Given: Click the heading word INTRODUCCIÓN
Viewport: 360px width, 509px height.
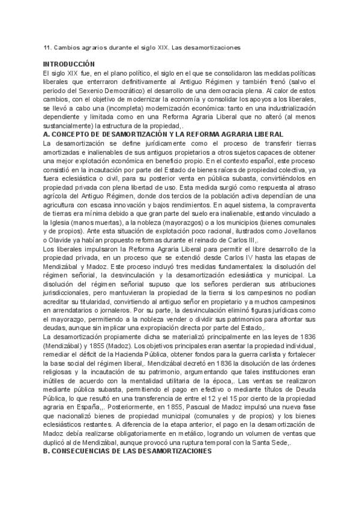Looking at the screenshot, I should tap(69, 63).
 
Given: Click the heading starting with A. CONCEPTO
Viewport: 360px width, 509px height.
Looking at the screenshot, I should tap(139, 136).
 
